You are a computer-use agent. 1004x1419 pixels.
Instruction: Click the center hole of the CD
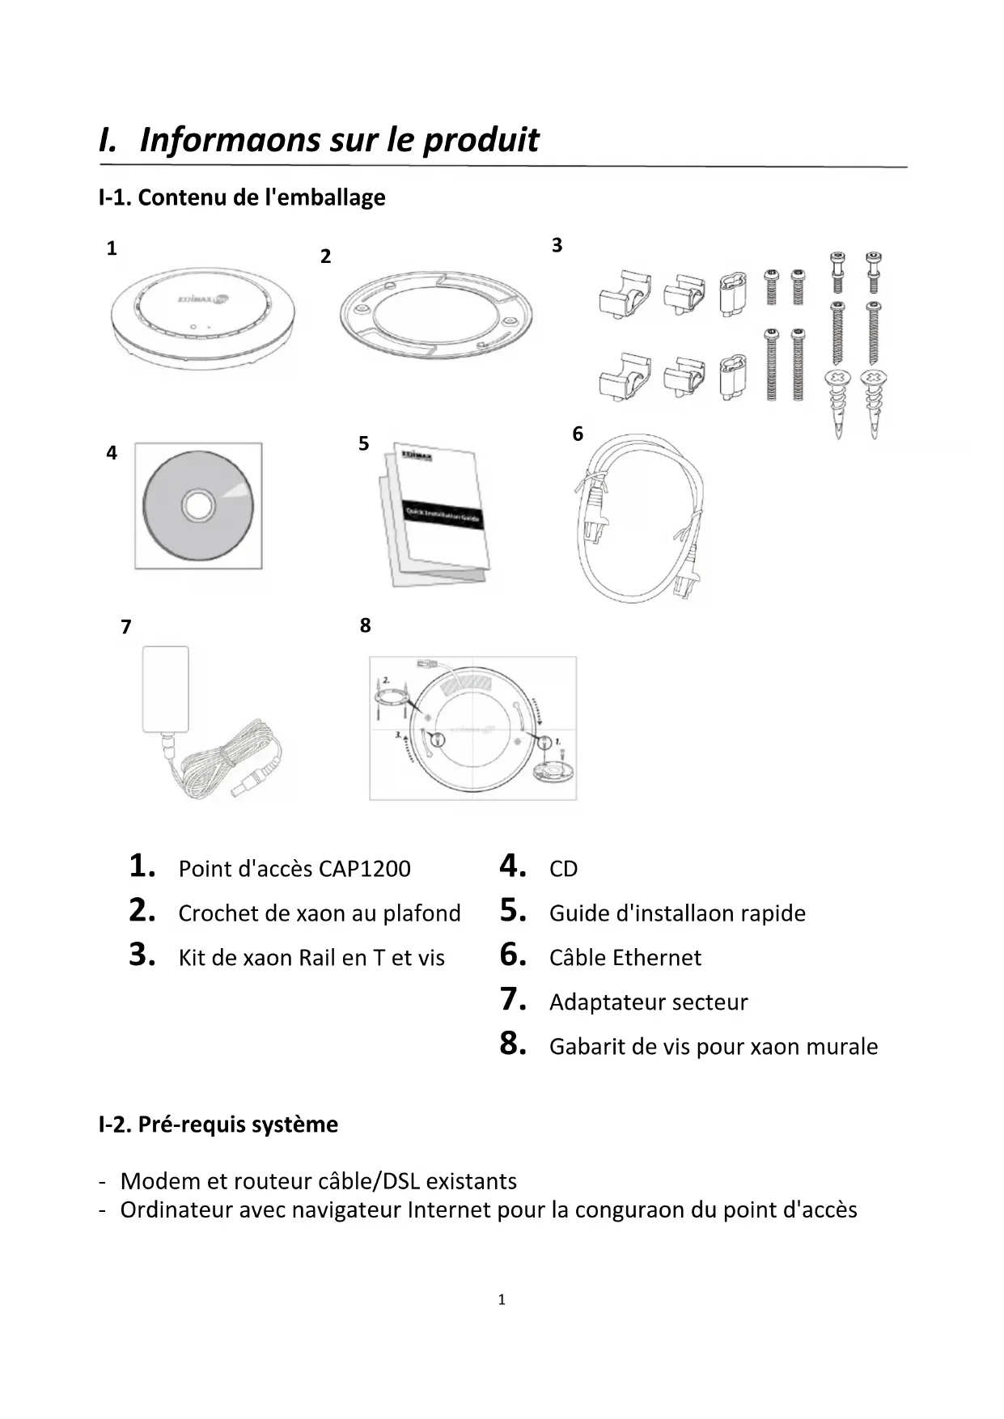pyautogui.click(x=197, y=506)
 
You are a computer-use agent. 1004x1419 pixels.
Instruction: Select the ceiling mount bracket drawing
pyautogui.click(x=436, y=314)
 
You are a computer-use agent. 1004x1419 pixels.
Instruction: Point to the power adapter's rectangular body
pyautogui.click(x=166, y=688)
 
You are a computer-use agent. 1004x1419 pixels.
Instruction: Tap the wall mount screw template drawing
pyautogui.click(x=473, y=728)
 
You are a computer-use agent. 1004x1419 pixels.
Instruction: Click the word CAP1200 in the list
pyautogui.click(x=365, y=869)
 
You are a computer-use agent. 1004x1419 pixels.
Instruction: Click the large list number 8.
pyautogui.click(x=513, y=1044)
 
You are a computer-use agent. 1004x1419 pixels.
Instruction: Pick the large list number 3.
pyautogui.click(x=142, y=955)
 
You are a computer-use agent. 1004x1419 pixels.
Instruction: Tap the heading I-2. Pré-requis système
pyautogui.click(x=218, y=1125)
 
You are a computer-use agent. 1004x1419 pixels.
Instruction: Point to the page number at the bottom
pyautogui.click(x=502, y=1299)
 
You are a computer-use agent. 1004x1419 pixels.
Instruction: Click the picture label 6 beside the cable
pyautogui.click(x=578, y=434)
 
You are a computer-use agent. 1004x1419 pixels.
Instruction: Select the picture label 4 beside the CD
pyautogui.click(x=112, y=453)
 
